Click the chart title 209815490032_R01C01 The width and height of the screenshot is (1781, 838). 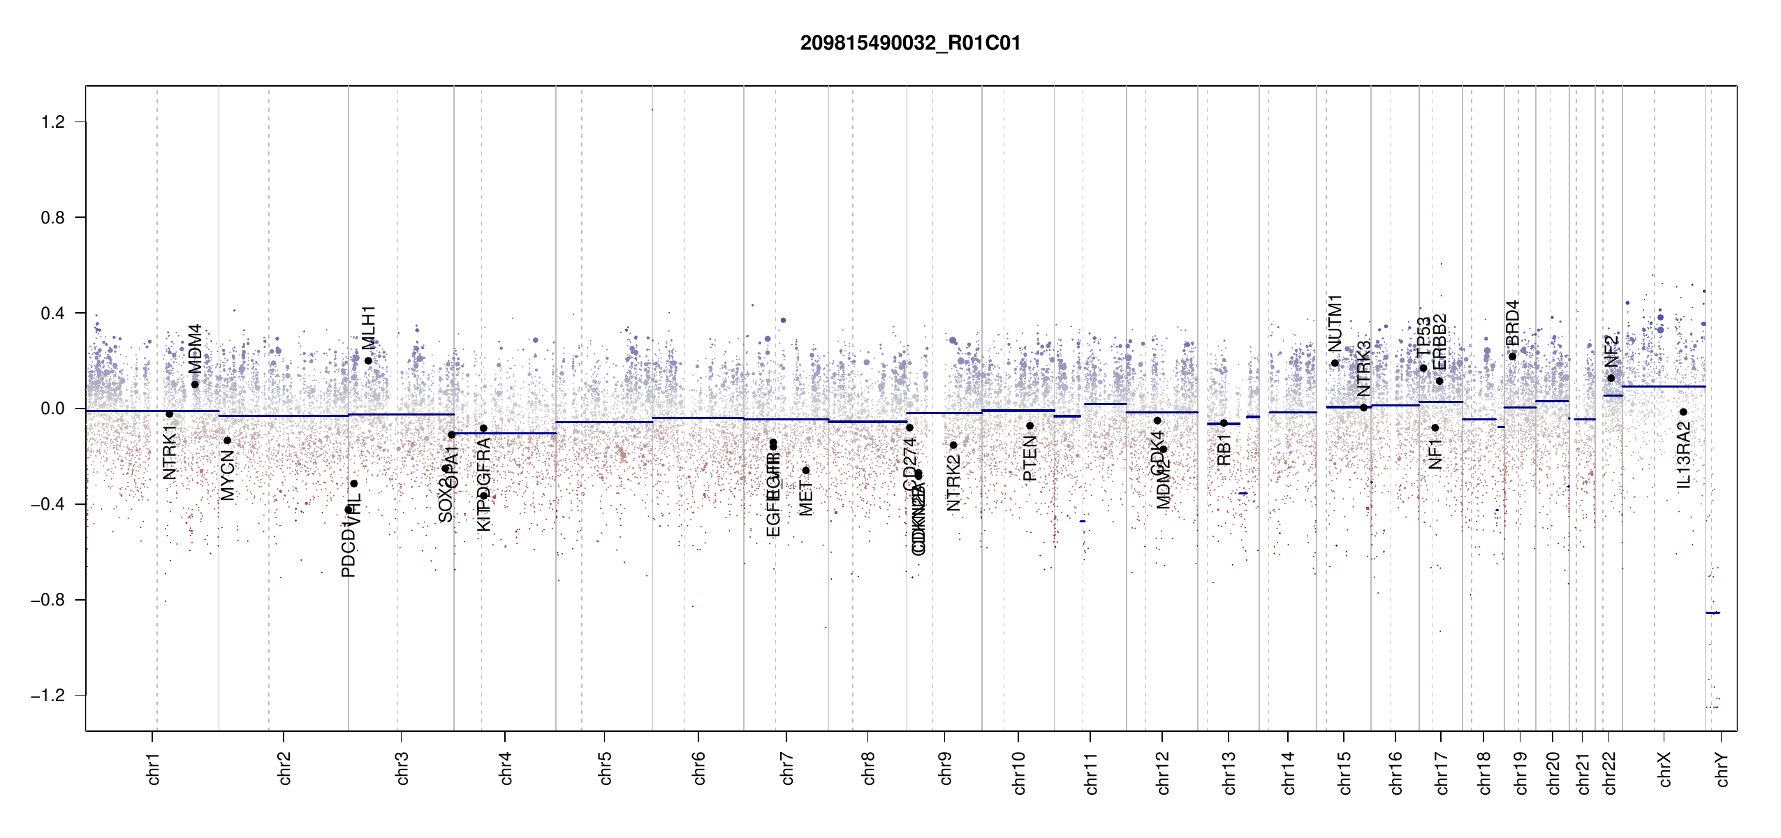[910, 43]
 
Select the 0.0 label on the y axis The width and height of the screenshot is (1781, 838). [53, 409]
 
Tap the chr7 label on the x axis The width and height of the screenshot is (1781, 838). [787, 768]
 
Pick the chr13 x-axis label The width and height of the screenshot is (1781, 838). [1229, 772]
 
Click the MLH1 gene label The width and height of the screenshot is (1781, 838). [369, 328]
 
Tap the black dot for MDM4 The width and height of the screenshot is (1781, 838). [195, 385]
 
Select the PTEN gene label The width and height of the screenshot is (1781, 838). [1029, 458]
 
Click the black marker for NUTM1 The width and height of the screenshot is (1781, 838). [1335, 363]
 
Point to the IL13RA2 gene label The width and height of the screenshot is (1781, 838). [1684, 455]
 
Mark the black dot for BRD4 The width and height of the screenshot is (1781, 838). [1512, 357]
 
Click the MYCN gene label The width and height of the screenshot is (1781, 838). [227, 474]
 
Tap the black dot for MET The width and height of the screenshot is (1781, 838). [805, 471]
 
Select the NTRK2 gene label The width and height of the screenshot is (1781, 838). [953, 483]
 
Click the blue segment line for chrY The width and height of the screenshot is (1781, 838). [1713, 612]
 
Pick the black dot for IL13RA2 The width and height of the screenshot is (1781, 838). [1683, 412]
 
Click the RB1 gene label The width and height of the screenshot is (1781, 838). [1224, 450]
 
